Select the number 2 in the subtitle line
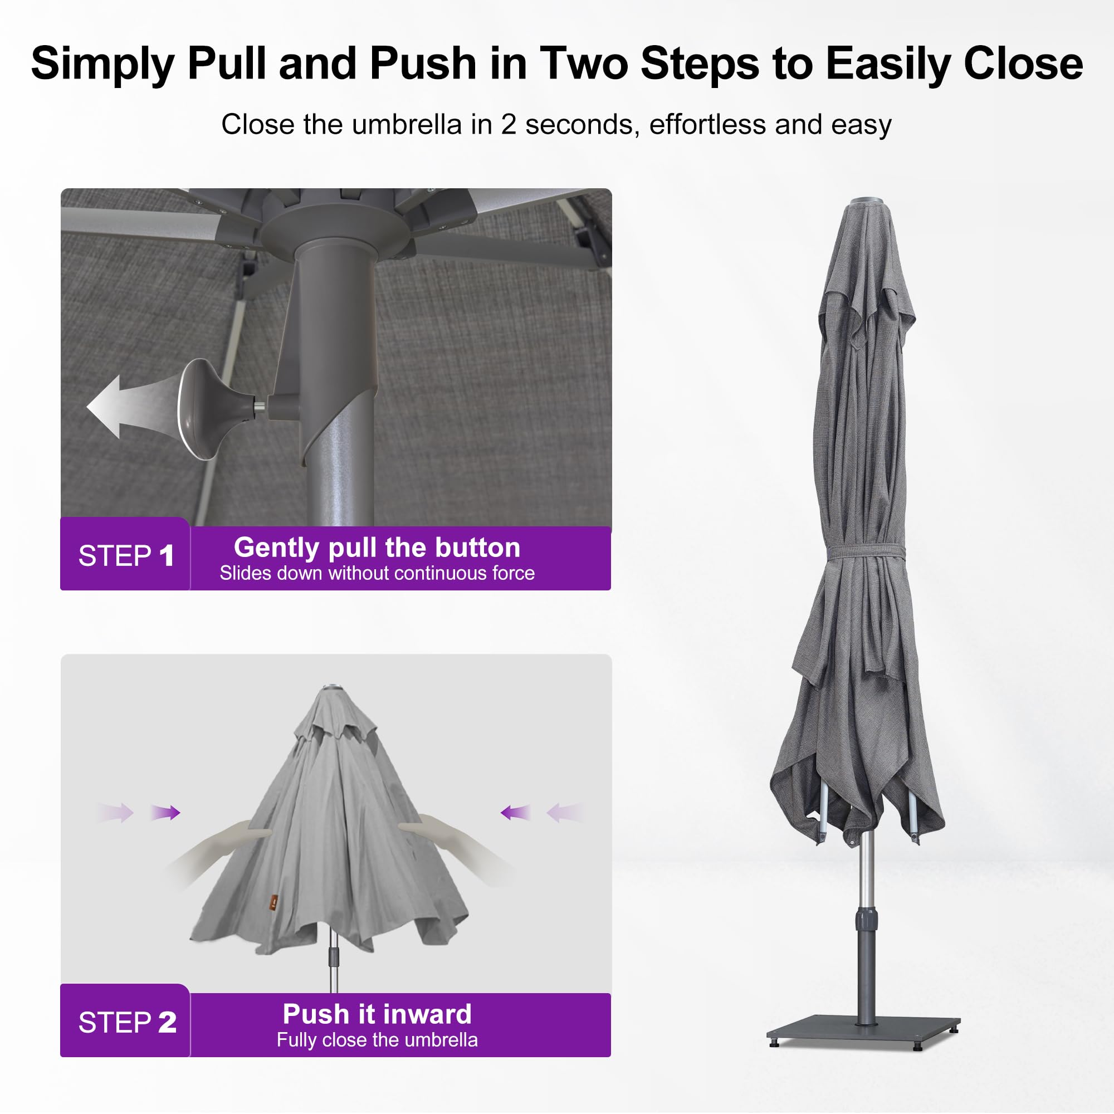(508, 125)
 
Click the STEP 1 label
(126, 556)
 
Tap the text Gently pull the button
(377, 548)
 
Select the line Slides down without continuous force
(377, 573)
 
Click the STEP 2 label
(128, 1022)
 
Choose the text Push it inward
(377, 1014)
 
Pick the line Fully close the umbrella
(377, 1039)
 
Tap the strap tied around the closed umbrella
(866, 551)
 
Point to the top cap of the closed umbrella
(867, 201)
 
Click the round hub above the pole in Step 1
(334, 231)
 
